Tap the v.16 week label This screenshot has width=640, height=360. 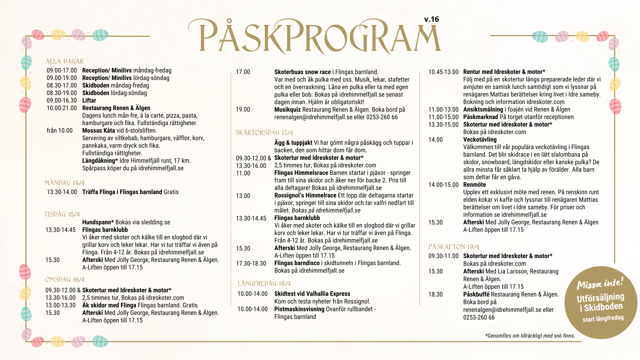[431, 19]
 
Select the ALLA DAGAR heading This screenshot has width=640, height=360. [65, 61]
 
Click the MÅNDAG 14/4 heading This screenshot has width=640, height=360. [64, 183]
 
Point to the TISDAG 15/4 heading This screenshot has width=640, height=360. [62, 214]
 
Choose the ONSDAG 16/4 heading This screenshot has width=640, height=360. [65, 279]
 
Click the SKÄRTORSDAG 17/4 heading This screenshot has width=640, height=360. [264, 133]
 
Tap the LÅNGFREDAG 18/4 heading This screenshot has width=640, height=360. [264, 283]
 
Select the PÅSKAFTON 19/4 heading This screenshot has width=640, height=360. [454, 247]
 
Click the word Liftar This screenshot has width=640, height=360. [89, 100]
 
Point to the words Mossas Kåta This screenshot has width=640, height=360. [98, 130]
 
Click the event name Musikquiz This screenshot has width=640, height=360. [287, 109]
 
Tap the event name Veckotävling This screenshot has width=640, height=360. [480, 139]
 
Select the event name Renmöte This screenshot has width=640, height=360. [474, 185]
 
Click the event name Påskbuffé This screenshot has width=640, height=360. [476, 294]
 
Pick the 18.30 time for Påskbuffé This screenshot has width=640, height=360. [435, 294]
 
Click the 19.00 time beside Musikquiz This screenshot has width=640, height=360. [243, 109]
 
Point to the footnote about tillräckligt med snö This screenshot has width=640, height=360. [530, 336]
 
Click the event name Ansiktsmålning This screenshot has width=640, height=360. [483, 109]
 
